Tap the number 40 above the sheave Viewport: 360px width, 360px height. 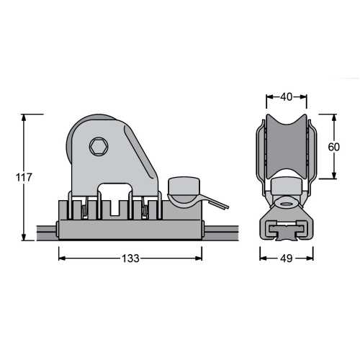tap(286, 95)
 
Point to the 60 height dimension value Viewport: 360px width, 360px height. tap(333, 146)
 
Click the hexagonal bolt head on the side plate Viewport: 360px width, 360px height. tap(98, 148)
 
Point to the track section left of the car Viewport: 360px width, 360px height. tap(45, 233)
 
